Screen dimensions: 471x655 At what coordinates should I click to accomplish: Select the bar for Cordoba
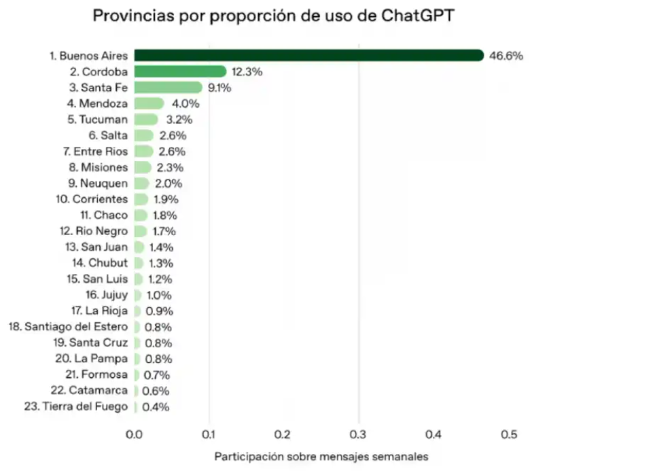179,71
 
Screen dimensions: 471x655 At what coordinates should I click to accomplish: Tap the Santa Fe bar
168,88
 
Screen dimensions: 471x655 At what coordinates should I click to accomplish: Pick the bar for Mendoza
149,103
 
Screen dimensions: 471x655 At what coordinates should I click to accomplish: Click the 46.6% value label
506,56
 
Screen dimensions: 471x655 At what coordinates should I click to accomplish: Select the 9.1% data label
219,88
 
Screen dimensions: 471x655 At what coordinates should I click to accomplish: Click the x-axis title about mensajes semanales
321,457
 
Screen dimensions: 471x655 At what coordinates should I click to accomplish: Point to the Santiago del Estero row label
68,327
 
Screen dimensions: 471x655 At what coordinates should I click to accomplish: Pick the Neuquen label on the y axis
97,184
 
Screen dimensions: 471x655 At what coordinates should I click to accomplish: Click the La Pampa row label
91,359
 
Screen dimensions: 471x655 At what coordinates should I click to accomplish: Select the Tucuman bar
145,120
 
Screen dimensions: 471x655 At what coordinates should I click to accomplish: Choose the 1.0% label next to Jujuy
158,295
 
